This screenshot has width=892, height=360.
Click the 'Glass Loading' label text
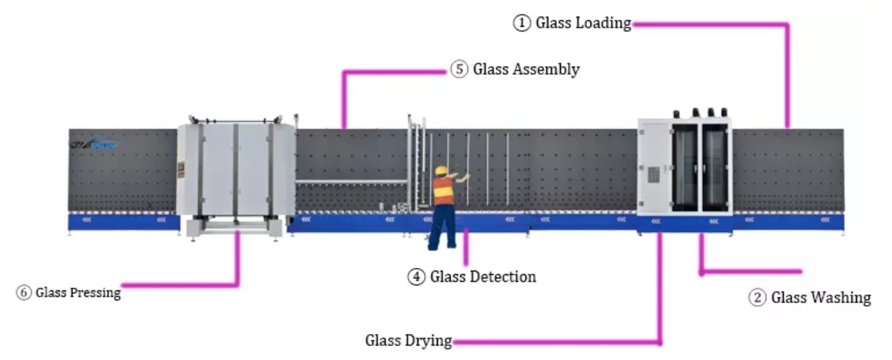[583, 23]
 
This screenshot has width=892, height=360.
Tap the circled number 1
[521, 23]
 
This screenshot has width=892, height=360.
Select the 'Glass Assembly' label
[526, 70]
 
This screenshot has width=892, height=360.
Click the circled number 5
[459, 70]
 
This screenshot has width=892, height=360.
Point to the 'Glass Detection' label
[483, 277]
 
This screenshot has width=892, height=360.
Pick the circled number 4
[416, 277]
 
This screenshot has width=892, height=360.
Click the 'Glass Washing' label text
[821, 298]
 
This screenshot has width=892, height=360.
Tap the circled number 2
[757, 298]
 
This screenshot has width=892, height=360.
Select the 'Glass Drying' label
[408, 341]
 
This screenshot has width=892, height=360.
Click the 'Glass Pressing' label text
[78, 292]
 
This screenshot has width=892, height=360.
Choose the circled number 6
[25, 292]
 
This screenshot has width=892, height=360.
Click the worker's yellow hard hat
[441, 170]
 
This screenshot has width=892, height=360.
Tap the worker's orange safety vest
[443, 191]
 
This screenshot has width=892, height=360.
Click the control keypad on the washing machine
[653, 174]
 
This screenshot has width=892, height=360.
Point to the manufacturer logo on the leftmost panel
[94, 144]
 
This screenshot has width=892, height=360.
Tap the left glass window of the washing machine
[685, 168]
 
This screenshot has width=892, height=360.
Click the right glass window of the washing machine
[715, 168]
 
